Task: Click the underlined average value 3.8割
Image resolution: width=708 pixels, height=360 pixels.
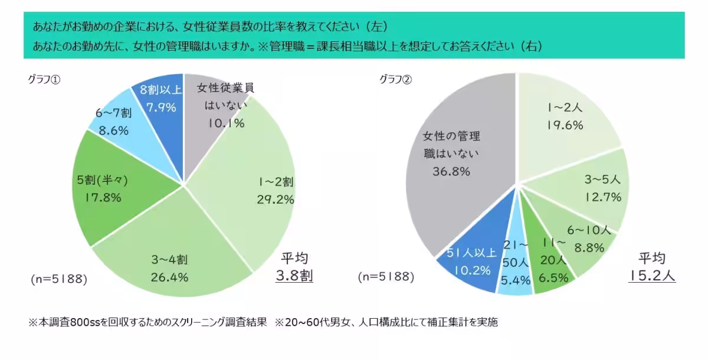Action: tap(294, 276)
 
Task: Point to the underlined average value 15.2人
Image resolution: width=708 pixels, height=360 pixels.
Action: tap(651, 276)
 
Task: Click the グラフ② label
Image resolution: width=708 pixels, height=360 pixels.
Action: tap(395, 80)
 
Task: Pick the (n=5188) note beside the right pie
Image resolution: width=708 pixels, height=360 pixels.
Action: tap(386, 276)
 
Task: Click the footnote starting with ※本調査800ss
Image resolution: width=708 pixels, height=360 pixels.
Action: tap(263, 322)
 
